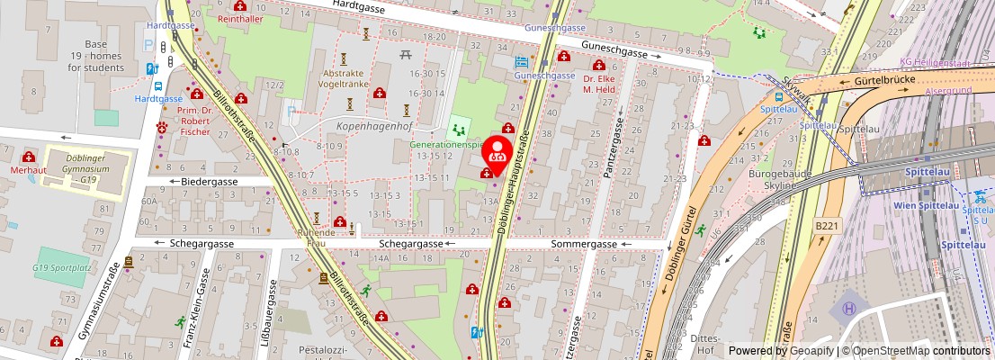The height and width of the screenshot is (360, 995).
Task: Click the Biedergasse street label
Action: tap(208, 181)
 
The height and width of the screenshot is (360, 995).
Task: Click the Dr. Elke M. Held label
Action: tap(598, 83)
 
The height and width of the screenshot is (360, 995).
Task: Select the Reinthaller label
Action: tap(239, 18)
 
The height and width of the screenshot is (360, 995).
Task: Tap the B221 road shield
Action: tap(826, 225)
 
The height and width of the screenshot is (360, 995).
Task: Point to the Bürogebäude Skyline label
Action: tap(773, 178)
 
